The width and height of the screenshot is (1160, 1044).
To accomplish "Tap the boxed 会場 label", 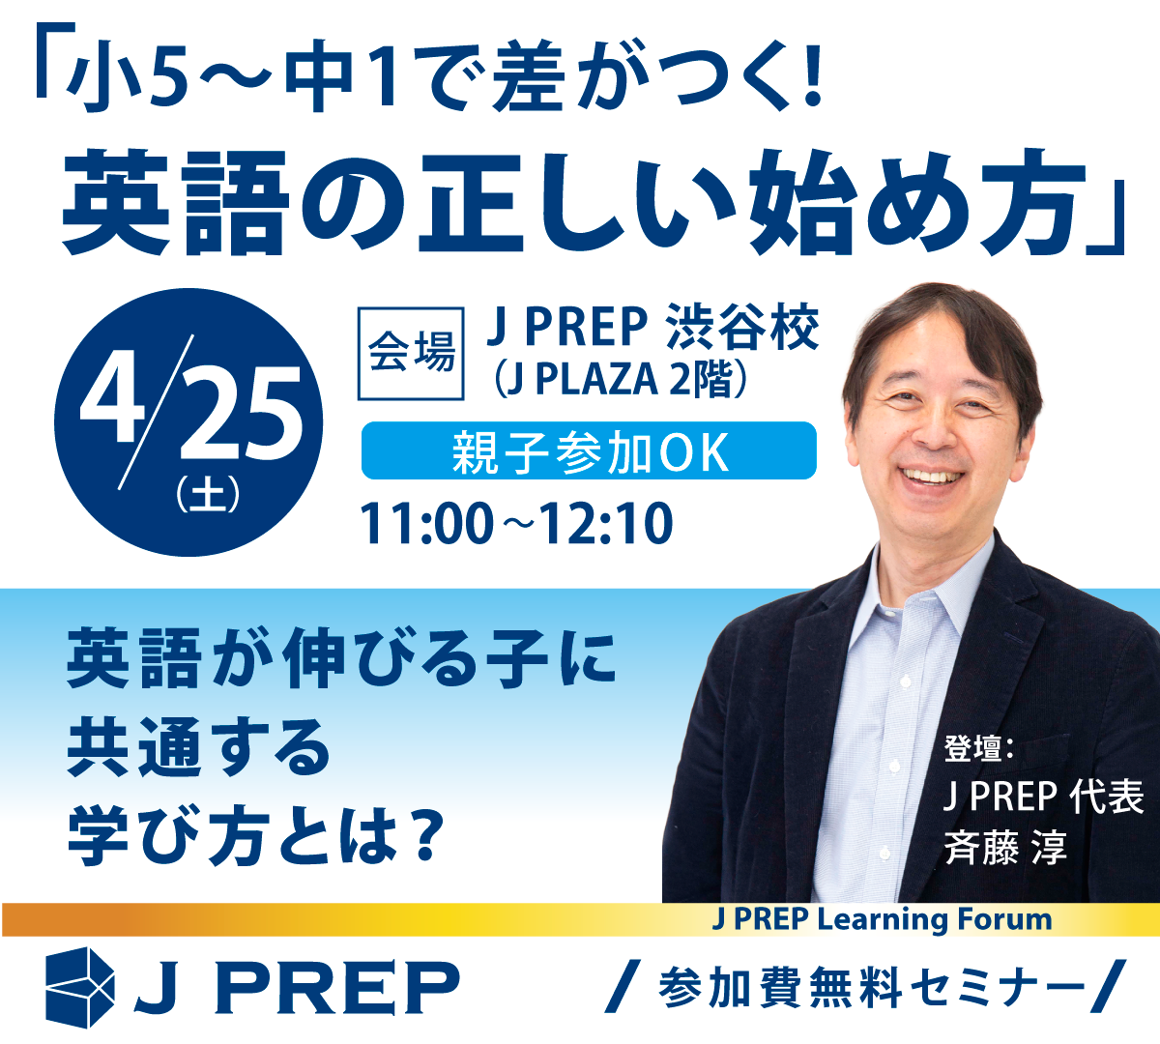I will click(x=411, y=352).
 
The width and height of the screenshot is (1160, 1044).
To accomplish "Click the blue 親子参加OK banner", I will click(x=589, y=451).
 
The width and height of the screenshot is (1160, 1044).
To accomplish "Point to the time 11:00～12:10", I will click(x=516, y=524).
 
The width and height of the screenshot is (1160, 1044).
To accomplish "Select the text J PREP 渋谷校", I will click(x=652, y=327).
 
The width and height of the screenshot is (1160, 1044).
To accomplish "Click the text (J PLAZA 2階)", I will click(x=621, y=380).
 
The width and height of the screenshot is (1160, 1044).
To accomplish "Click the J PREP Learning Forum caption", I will click(x=882, y=918).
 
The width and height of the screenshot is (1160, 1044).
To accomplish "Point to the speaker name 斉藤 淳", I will click(x=1005, y=849).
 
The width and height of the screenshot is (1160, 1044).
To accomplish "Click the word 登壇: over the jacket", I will click(x=977, y=749).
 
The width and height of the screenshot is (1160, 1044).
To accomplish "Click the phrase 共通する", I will click(x=199, y=748).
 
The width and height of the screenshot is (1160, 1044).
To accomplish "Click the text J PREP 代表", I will click(x=1043, y=797).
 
